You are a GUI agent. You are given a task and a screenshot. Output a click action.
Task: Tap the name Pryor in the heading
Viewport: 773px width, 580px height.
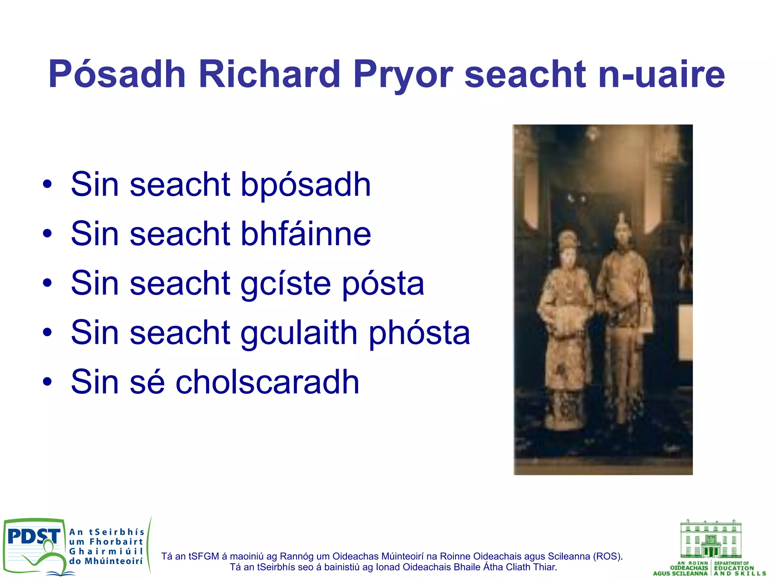[x=403, y=74]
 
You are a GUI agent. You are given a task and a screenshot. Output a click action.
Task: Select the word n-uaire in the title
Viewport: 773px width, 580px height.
[x=661, y=74]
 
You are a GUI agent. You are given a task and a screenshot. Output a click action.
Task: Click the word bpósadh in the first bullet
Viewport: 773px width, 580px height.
[x=306, y=185]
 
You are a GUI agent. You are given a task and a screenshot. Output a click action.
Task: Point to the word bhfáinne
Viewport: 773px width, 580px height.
[x=306, y=234]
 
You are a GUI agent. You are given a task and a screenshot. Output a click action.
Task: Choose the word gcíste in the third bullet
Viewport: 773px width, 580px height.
[x=285, y=284]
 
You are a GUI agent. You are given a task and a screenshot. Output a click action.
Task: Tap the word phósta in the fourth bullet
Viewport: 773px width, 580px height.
[x=419, y=333]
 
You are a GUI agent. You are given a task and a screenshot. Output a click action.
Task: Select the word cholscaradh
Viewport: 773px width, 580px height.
[x=267, y=382]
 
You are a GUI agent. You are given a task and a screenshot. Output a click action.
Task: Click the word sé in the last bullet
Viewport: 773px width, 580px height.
[x=147, y=382]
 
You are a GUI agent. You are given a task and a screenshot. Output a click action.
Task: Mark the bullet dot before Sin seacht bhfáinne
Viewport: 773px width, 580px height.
[x=47, y=234]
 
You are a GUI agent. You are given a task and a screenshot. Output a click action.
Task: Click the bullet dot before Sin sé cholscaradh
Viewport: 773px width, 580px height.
[x=47, y=382]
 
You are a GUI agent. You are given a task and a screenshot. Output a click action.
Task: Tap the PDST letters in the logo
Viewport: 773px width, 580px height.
[x=33, y=536]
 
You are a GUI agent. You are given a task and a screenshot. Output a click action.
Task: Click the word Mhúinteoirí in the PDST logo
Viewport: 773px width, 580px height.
[x=114, y=561]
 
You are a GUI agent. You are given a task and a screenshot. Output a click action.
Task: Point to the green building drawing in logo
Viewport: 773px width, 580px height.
[x=710, y=539]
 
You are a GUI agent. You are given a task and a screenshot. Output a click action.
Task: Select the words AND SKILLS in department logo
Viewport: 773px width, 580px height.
[x=740, y=574]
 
